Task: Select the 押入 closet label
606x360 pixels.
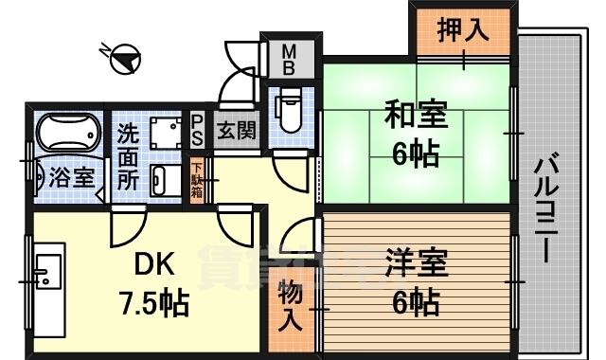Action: click(x=463, y=30)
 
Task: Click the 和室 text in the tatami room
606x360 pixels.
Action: click(x=412, y=117)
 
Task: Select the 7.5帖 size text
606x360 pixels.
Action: click(x=153, y=303)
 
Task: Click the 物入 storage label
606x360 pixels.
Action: click(x=291, y=305)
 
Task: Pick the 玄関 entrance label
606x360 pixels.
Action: click(x=235, y=130)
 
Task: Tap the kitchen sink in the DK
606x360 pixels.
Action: click(x=45, y=270)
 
